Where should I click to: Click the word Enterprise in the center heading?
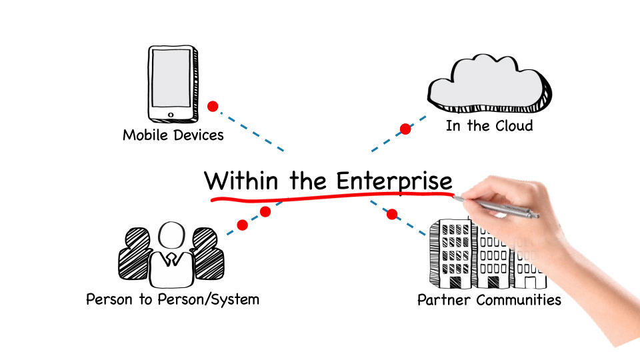[x=393, y=181]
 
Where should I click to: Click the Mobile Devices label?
[x=173, y=135]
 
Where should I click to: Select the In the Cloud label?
[x=489, y=125]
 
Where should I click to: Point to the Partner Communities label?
[x=489, y=299]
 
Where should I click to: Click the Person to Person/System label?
[x=172, y=299]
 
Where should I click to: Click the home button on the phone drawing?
[x=171, y=115]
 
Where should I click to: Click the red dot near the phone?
[x=213, y=106]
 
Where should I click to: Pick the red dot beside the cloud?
[x=405, y=129]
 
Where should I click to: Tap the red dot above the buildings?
[x=392, y=214]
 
